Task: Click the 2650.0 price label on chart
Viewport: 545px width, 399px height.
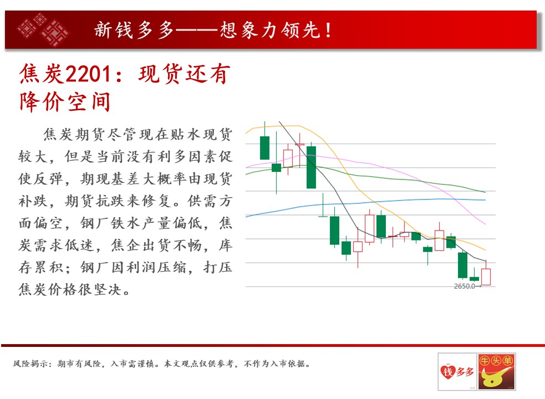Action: [x=465, y=286]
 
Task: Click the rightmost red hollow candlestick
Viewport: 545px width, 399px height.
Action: [x=486, y=277]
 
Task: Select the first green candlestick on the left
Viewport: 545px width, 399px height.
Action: [x=265, y=148]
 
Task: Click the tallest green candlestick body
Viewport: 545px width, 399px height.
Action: [x=312, y=167]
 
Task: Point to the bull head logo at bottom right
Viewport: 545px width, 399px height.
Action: [x=496, y=371]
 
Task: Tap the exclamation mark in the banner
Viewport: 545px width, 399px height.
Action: [x=328, y=30]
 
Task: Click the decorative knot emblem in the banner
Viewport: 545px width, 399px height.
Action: [x=43, y=29]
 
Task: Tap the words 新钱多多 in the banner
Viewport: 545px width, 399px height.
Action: [x=134, y=30]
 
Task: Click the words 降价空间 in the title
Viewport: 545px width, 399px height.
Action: [x=65, y=101]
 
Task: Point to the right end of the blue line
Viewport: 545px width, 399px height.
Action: [x=485, y=200]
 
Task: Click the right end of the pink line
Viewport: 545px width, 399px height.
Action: [x=485, y=224]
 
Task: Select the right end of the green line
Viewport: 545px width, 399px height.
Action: [x=485, y=192]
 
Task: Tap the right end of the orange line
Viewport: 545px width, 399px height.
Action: [x=485, y=250]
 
